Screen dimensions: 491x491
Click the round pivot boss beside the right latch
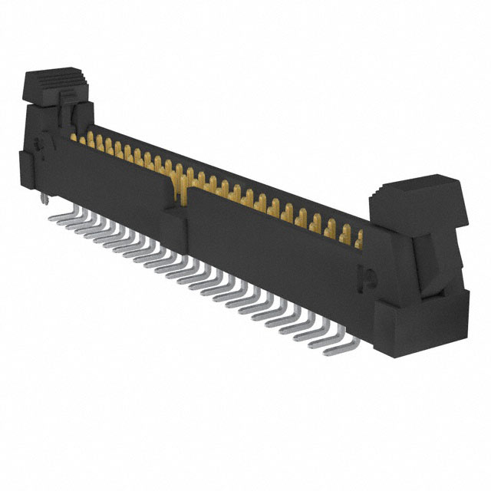366,275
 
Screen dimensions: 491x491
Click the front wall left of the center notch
115,180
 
